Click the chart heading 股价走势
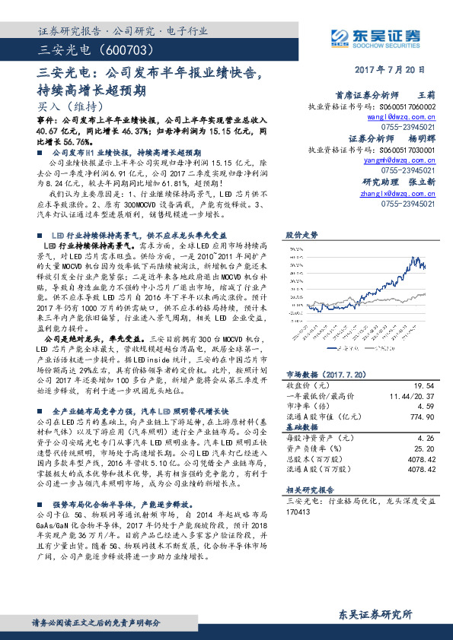[x=299, y=236]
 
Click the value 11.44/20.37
[x=412, y=397]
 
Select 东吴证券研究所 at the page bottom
[x=376, y=613]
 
